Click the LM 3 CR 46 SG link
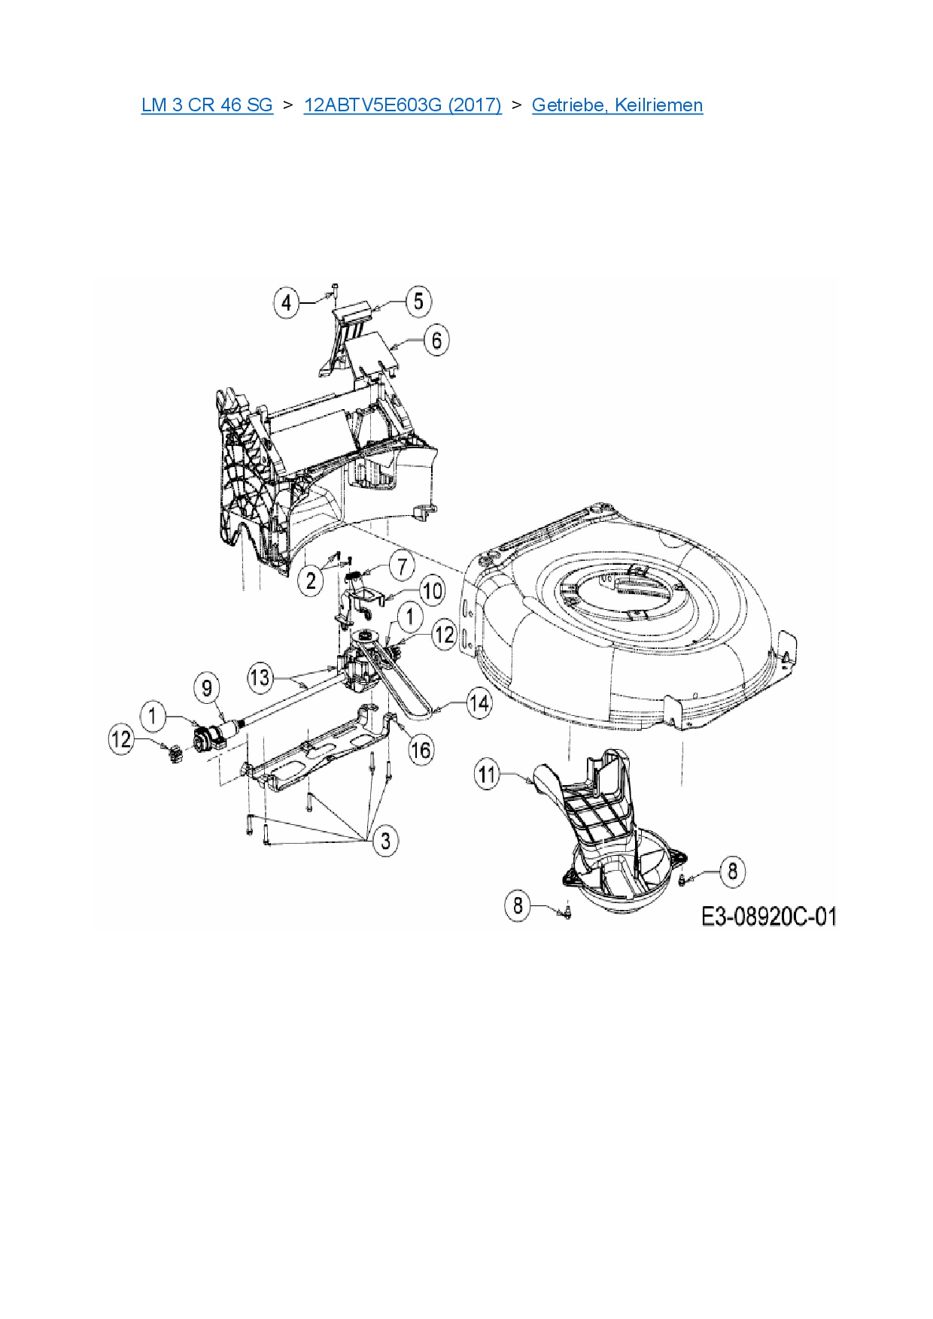(x=206, y=105)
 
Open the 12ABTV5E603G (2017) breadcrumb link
(x=403, y=105)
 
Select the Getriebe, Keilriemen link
(x=617, y=105)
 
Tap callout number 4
(x=286, y=304)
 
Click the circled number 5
(x=418, y=302)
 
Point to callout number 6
(x=436, y=340)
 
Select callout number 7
(x=402, y=566)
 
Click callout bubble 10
(x=431, y=591)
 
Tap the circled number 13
(x=260, y=678)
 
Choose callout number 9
(x=207, y=687)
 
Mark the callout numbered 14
(x=479, y=704)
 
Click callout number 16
(x=421, y=749)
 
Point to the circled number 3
(x=386, y=839)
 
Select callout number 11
(x=488, y=774)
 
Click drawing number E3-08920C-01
(x=769, y=917)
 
